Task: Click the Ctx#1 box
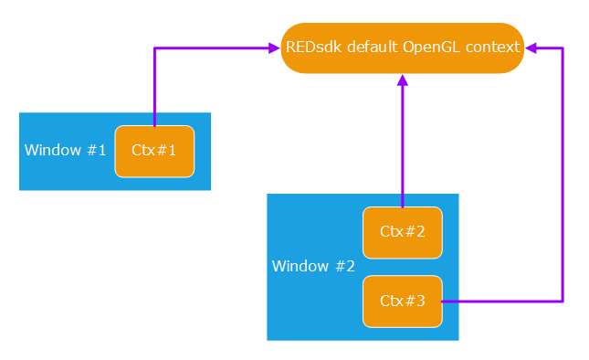click(x=154, y=151)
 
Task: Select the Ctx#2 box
click(x=403, y=232)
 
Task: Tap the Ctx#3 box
click(x=403, y=301)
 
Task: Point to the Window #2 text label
click(x=313, y=267)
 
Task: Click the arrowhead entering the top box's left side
click(x=273, y=48)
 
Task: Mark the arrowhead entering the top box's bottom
click(x=402, y=80)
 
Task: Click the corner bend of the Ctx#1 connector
click(x=155, y=48)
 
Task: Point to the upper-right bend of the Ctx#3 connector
click(x=563, y=48)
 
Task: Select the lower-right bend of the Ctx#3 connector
click(x=563, y=301)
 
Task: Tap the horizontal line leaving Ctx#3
click(x=502, y=301)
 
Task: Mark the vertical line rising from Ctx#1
click(x=155, y=87)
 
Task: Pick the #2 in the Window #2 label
click(x=344, y=267)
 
